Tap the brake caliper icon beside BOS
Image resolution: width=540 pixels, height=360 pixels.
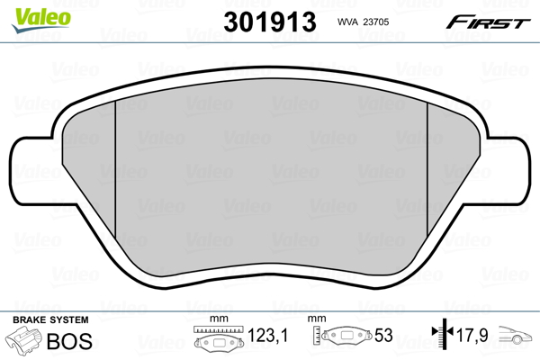click(x=24, y=343)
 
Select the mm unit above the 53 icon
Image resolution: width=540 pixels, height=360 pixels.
click(x=315, y=319)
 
